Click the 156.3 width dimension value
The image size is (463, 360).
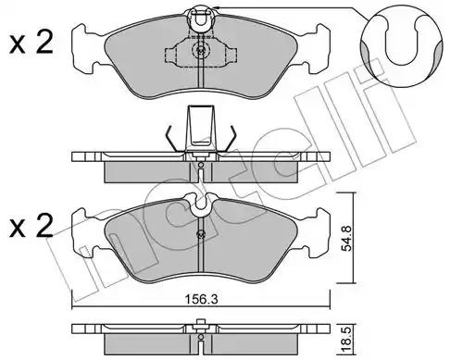(201, 299)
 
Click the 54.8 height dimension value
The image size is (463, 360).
(346, 238)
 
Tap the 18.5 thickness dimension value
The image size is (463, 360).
(346, 341)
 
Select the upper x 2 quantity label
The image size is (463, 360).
(31, 43)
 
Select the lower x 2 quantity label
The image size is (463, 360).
(31, 227)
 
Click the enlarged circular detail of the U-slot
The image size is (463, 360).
(401, 46)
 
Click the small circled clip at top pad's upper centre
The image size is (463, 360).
(201, 19)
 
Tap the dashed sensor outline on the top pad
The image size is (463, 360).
(201, 53)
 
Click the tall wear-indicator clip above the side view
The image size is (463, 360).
(201, 129)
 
